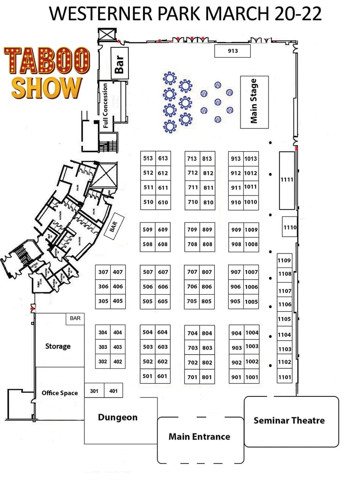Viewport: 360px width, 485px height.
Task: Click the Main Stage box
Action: pos(254,102)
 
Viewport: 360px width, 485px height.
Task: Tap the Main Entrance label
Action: pos(200,437)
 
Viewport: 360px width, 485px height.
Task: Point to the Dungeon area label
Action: pos(118,417)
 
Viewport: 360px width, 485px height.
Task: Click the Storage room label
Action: pos(58,346)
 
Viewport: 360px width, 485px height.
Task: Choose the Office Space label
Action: pos(60,393)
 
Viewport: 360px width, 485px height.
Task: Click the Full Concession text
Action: pos(105,105)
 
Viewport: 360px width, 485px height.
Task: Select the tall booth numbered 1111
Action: pos(286,180)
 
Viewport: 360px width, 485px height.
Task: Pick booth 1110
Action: pos(290,228)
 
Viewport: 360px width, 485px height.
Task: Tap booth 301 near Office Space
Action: pos(94,391)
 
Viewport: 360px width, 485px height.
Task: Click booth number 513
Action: pos(148,158)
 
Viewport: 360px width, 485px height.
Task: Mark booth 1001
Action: pos(252,377)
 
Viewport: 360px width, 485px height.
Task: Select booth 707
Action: pos(192,272)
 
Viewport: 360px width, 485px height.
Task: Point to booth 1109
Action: pos(284,261)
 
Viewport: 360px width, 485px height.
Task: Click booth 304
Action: pos(103,333)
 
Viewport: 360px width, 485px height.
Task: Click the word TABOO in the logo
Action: pos(47,62)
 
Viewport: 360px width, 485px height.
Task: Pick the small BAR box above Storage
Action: pos(75,318)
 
